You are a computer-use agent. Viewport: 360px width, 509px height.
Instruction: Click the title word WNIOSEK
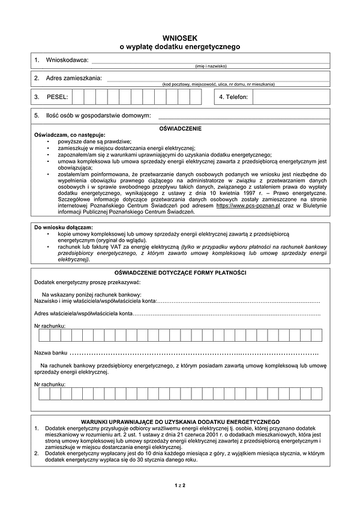coord(180,37)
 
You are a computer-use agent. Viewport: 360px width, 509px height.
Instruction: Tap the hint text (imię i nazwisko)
coord(211,66)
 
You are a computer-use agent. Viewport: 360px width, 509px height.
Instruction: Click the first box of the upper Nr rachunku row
coord(43,335)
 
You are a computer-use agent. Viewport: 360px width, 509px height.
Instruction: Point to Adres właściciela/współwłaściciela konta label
coord(83,314)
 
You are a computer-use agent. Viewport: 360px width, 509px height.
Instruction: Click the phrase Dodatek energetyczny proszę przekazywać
coord(87,282)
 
